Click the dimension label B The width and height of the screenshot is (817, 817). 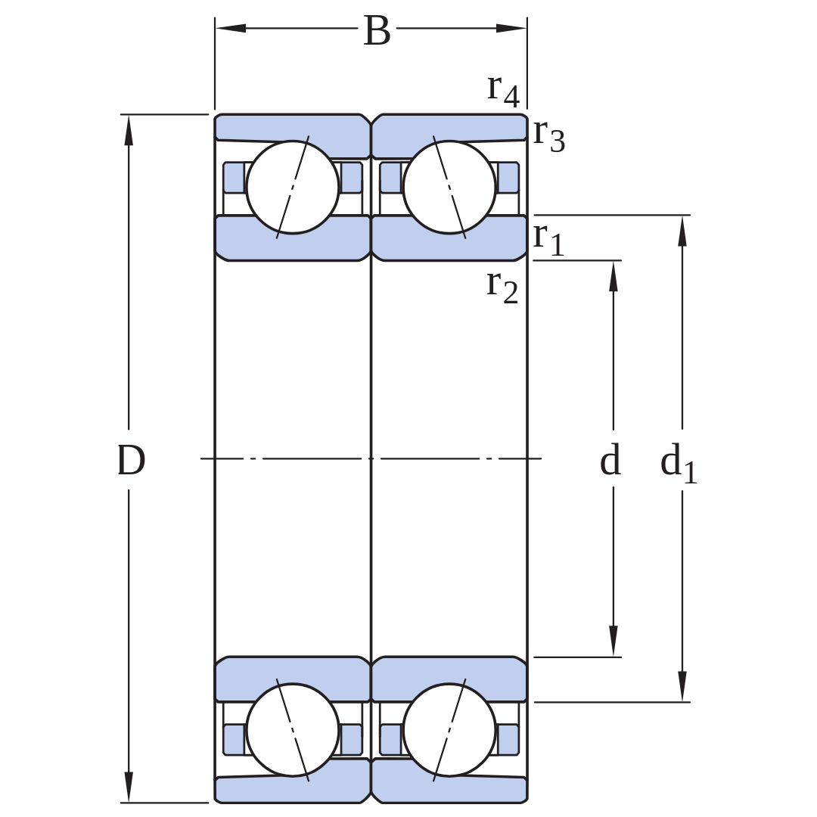point(377,31)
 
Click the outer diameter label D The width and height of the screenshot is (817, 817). point(131,461)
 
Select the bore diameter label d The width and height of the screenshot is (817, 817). point(610,460)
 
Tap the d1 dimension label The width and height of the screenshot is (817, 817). point(679,463)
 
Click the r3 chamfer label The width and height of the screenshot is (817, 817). point(549,135)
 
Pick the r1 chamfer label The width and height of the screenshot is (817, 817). point(548,238)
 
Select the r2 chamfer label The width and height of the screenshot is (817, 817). point(502,287)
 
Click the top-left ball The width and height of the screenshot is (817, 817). point(292,187)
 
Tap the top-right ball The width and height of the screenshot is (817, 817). point(449,187)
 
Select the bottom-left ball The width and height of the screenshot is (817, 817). point(292,729)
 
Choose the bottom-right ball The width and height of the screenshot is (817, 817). point(449,729)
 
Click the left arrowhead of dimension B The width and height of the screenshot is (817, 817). point(230,28)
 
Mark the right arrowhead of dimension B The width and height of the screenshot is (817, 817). point(511,28)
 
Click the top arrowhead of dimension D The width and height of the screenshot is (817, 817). point(129,130)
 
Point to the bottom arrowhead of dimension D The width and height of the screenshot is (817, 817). point(129,787)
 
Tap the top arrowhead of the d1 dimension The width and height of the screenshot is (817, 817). point(682,230)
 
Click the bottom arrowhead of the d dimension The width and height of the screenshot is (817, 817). point(614,641)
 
